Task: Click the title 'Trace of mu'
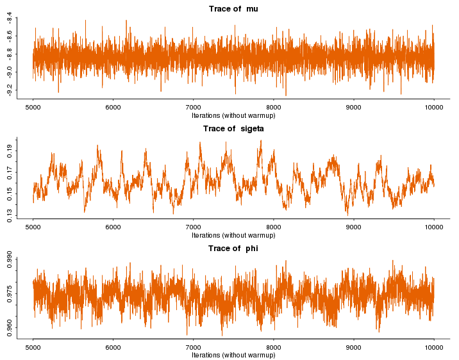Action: (x=233, y=9)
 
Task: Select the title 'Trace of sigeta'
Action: (x=233, y=129)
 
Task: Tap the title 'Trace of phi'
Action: (x=233, y=249)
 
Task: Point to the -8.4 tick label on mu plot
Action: (x=9, y=18)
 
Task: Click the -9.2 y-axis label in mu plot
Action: (x=9, y=90)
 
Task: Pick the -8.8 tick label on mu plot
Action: (x=9, y=54)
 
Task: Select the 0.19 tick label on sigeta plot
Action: (x=10, y=151)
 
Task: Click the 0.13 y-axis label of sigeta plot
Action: (x=10, y=216)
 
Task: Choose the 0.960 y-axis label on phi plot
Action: (x=10, y=328)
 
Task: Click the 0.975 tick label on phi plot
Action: (x=10, y=293)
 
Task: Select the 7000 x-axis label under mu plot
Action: (x=193, y=108)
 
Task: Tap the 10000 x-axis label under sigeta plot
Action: (x=434, y=227)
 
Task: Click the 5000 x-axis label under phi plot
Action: (x=33, y=347)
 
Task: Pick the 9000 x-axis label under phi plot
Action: (x=354, y=347)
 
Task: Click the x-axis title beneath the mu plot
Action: (x=233, y=115)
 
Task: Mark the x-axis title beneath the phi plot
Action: (x=233, y=355)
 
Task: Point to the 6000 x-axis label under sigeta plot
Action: (x=113, y=227)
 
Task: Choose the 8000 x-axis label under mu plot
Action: (x=273, y=108)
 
